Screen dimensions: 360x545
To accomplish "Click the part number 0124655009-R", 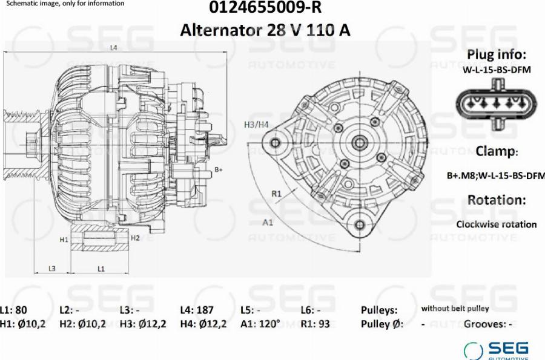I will pos(265,8).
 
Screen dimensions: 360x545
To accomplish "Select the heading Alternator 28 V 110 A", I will pos(265,30).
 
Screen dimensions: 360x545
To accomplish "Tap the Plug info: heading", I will pos(496,54).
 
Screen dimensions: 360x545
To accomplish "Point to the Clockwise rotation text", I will pos(496,224).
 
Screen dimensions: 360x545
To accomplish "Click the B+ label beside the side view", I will pos(219,170).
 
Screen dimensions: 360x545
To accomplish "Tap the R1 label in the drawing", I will pos(276,194).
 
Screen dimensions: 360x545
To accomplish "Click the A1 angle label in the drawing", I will pos(268,222).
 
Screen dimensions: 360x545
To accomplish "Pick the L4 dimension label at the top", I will pos(113,48).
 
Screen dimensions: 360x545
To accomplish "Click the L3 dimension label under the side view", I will pos(52,268).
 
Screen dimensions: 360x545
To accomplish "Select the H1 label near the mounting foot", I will pos(64,240).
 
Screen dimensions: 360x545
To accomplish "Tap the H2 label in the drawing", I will pos(136,238).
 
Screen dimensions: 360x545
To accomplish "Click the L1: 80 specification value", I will pos(13,310).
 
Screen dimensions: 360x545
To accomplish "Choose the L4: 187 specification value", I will pos(197,310).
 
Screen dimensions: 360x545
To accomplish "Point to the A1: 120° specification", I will pos(260,324).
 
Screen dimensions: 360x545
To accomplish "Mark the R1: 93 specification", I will pos(315,324).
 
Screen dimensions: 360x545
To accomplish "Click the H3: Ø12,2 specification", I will pos(143,324).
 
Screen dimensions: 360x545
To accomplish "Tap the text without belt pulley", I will pos(455,309).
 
